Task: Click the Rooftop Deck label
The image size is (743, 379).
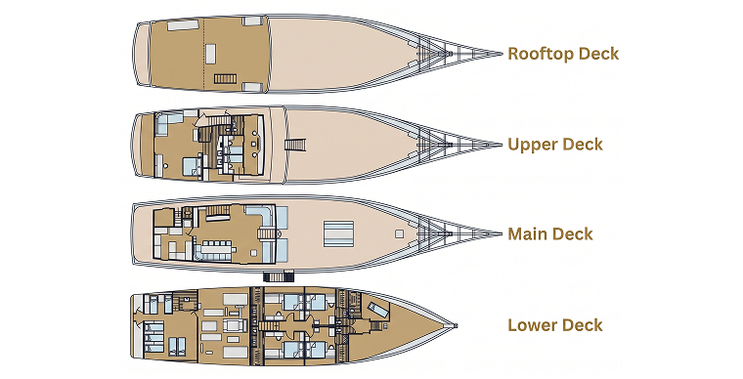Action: pos(563,54)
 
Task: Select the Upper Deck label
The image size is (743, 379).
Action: pos(555,145)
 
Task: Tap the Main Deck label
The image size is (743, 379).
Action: pos(550,233)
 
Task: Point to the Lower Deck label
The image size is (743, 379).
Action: pos(555,325)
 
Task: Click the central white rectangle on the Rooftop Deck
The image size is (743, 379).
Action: pos(211,54)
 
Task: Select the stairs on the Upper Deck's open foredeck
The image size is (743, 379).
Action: pos(295,145)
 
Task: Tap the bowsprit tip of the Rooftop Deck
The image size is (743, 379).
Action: pos(502,54)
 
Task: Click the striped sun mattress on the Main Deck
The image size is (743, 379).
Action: pos(339,233)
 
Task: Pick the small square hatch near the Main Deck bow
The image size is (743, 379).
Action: pos(400,233)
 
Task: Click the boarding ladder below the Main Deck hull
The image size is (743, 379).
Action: pos(279,276)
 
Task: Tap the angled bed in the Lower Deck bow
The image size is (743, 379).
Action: pos(378,310)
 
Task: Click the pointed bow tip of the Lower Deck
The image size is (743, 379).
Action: pos(456,325)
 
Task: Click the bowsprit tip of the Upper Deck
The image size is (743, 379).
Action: pos(501,145)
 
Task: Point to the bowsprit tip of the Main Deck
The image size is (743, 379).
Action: pos(501,233)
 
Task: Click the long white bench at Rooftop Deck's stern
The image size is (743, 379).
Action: pos(183,25)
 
